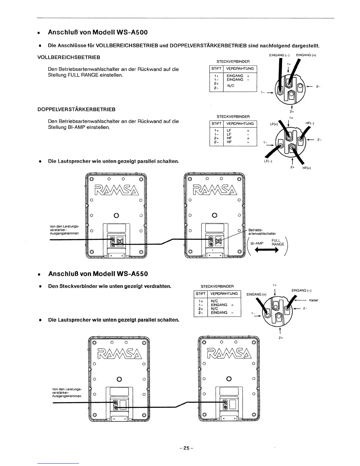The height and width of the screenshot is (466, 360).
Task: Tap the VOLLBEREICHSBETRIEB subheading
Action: [69, 57]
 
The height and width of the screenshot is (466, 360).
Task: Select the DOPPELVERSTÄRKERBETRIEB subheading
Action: [76, 109]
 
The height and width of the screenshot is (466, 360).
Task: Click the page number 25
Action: [186, 448]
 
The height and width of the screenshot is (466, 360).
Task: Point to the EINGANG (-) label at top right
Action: [277, 55]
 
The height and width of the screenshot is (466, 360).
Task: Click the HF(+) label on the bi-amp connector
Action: [307, 168]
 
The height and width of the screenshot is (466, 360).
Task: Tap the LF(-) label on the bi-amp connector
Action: [268, 162]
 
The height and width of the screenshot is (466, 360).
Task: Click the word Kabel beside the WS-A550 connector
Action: [314, 300]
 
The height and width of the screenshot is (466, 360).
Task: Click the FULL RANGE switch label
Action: [278, 242]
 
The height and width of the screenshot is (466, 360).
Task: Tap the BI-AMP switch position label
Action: [257, 244]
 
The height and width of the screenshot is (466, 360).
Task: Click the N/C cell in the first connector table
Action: [231, 86]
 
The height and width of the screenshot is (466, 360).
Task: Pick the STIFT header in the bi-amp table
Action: [216, 124]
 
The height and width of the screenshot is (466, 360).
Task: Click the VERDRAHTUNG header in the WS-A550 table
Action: [224, 294]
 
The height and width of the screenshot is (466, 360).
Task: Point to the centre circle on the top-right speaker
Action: [215, 215]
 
